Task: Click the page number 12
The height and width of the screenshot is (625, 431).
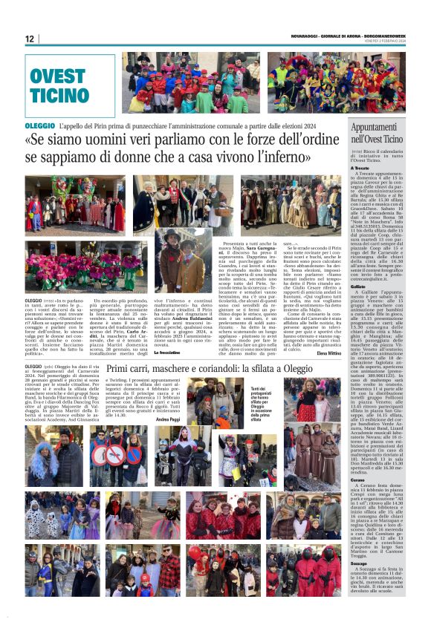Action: pos(30,39)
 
